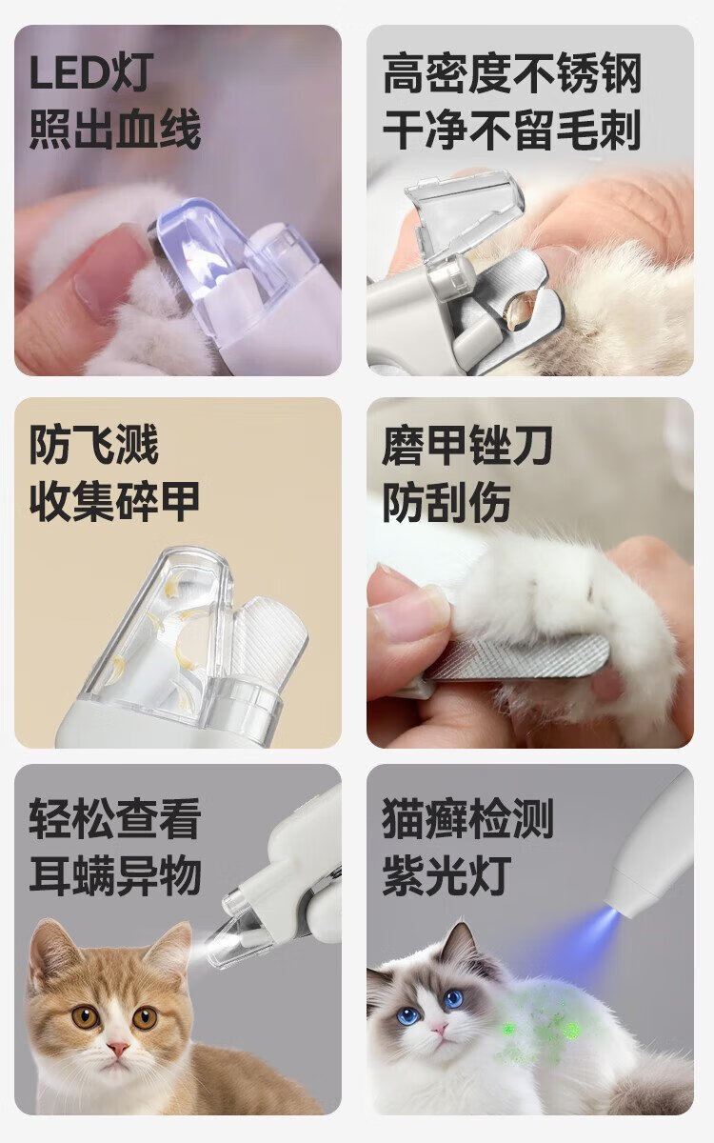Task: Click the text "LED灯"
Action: (91, 73)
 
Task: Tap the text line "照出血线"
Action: (115, 130)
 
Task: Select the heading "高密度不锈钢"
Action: (511, 74)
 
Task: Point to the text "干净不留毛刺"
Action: (511, 130)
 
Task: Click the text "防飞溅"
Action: (94, 445)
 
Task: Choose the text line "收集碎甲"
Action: (114, 501)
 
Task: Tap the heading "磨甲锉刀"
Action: (467, 445)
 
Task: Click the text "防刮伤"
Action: (446, 502)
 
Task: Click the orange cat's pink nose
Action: (118, 1046)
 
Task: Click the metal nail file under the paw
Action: (515, 657)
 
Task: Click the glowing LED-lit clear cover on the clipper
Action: (204, 255)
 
